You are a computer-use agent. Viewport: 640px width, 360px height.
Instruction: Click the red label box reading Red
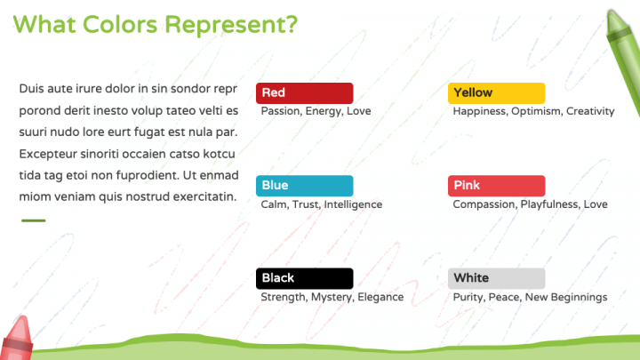click(x=305, y=93)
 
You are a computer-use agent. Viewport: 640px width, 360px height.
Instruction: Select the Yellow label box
click(x=496, y=93)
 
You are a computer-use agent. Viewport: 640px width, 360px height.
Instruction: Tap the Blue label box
click(x=305, y=186)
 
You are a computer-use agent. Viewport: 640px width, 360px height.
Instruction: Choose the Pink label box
click(x=496, y=186)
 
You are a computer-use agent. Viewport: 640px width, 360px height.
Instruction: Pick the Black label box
click(x=305, y=278)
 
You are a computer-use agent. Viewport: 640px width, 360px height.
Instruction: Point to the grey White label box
click(x=496, y=278)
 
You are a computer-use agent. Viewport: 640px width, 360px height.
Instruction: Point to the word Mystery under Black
click(x=332, y=297)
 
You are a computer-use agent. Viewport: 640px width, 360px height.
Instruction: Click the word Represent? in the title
click(x=231, y=25)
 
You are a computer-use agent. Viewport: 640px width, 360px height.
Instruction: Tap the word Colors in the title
click(x=120, y=25)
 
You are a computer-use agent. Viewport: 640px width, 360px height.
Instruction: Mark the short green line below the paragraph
click(x=34, y=220)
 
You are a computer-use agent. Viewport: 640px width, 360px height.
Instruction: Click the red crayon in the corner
click(x=17, y=339)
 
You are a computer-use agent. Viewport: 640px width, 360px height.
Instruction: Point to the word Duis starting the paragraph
click(x=31, y=89)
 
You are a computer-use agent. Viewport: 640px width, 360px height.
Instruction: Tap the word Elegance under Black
click(x=380, y=297)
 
